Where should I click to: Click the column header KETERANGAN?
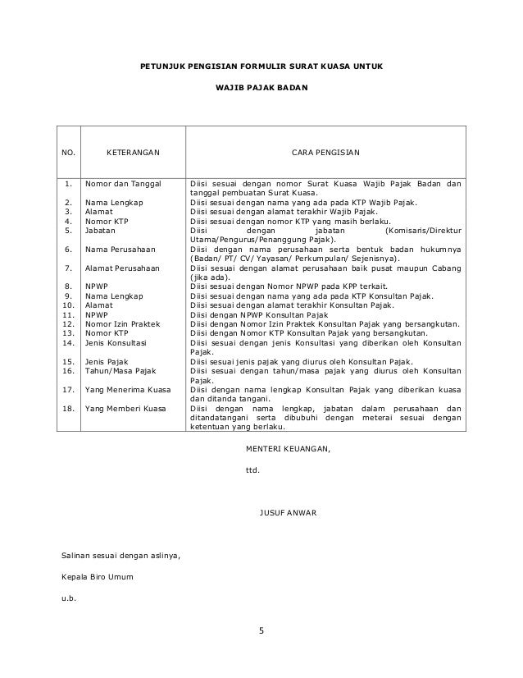[134, 153]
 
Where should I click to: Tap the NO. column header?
[69, 153]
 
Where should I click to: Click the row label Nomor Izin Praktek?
[123, 324]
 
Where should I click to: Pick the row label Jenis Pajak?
[109, 362]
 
